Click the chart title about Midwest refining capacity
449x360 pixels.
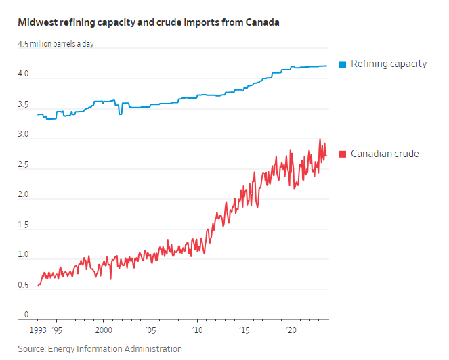point(148,22)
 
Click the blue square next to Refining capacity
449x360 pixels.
point(343,64)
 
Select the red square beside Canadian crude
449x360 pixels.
point(343,154)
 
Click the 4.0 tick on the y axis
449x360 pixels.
point(23,74)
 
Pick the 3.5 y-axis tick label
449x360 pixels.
point(23,105)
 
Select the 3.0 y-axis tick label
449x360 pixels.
point(23,135)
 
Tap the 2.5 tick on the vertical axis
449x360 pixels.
point(23,164)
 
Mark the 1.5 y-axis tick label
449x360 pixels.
point(23,225)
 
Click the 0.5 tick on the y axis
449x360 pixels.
point(23,285)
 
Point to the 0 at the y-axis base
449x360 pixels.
point(26,315)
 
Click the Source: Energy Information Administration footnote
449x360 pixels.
point(100,348)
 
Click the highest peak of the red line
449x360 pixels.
point(320,139)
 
